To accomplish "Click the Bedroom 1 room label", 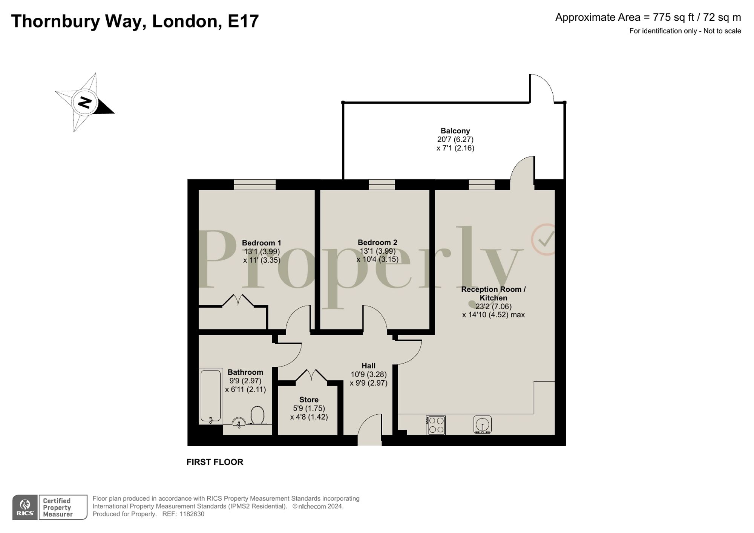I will pos(261,243).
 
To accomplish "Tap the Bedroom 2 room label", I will pos(377,242).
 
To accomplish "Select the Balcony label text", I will pos(455,131).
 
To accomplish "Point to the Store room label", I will pos(309,400).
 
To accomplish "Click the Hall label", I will pos(368,366).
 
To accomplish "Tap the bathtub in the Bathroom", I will pos(211,396).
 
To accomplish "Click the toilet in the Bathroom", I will pos(258,415).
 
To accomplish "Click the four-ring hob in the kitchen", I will pos(436,425).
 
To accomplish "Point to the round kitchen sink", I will pos(483,424).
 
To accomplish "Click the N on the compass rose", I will pos(85,102).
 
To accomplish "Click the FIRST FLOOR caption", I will pos(215,462).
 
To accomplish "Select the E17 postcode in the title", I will pos(243,21).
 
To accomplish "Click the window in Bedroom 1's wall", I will pos(255,184).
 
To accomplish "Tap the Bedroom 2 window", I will pos(382,184).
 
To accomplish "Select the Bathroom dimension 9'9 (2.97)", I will pos(245,381).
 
